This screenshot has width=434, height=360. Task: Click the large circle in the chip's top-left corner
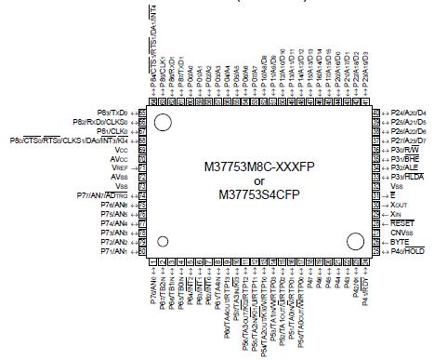(164, 122)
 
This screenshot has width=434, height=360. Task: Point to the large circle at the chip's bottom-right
(355, 240)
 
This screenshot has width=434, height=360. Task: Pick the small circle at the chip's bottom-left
(164, 242)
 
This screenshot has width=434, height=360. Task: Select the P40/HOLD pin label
(408, 251)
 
